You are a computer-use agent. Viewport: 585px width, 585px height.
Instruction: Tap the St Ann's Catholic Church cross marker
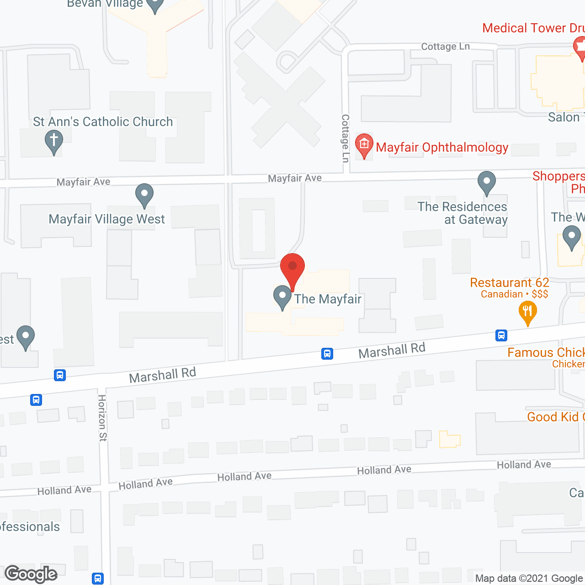[53, 141]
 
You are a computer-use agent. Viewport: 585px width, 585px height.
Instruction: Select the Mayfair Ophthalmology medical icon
[364, 145]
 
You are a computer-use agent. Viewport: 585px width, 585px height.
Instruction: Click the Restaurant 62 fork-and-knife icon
[528, 313]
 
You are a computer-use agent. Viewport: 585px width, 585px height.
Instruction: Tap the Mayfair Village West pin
[144, 195]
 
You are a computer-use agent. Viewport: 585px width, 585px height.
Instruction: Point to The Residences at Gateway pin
[487, 183]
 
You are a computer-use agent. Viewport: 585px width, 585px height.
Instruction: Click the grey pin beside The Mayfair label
[282, 297]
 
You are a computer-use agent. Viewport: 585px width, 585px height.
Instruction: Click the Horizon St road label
[102, 418]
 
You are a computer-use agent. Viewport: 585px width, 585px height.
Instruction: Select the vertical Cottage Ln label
[346, 138]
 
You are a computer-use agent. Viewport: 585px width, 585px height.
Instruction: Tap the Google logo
[31, 574]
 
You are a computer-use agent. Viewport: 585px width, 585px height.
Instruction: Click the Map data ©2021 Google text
[529, 578]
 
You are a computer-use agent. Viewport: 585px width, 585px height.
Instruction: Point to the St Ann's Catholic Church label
[103, 122]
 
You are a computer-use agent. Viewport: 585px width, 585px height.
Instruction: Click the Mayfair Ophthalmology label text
[442, 147]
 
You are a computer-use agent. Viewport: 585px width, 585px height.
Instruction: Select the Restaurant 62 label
[509, 283]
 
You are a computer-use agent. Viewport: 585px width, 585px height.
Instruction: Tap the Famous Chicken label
[546, 353]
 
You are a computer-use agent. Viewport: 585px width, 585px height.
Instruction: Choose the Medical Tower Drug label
[533, 28]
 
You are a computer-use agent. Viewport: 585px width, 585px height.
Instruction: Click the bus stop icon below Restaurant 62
[501, 335]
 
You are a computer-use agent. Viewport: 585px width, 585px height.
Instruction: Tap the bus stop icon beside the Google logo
[98, 578]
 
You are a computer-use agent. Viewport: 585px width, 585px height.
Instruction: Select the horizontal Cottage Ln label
[445, 47]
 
